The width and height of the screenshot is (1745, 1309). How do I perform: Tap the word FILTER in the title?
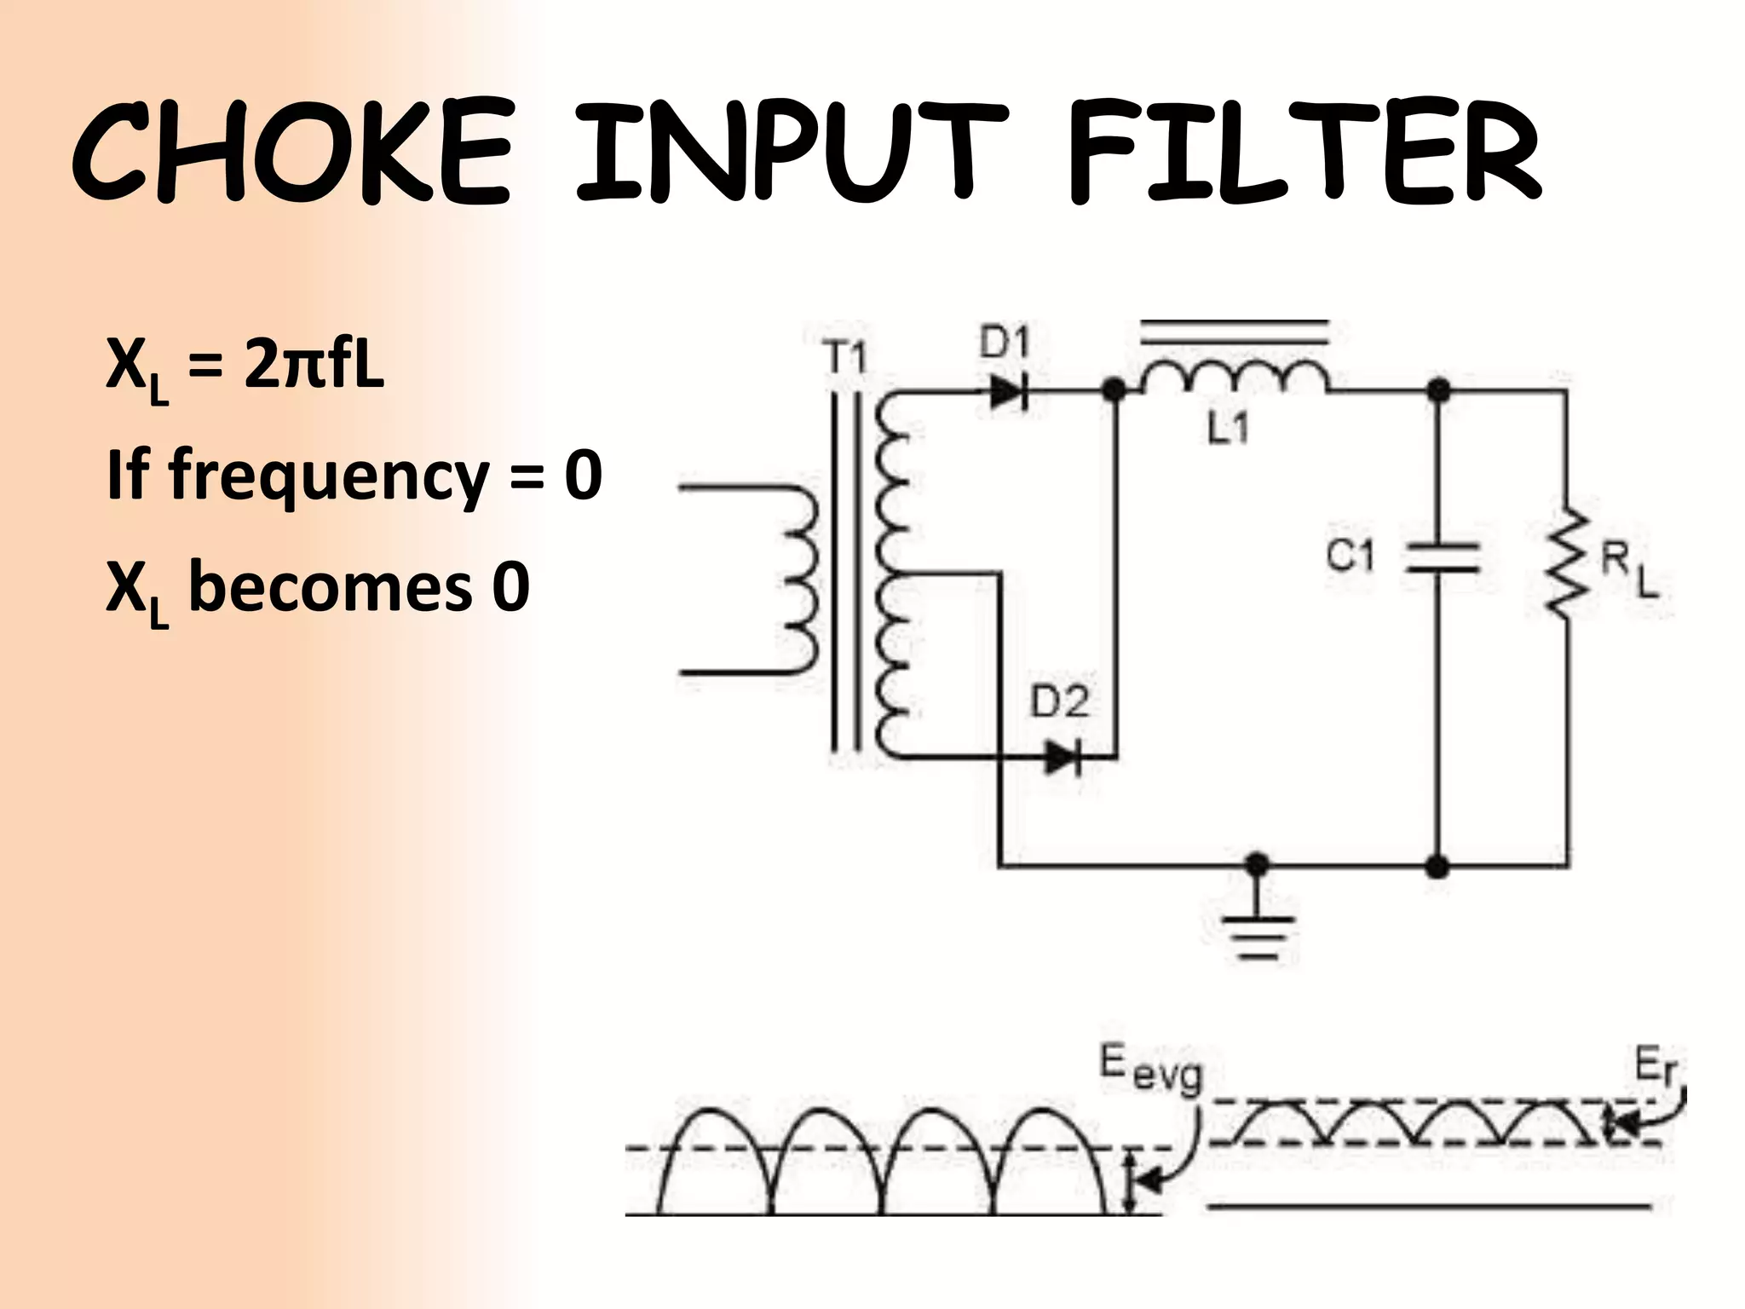(1304, 153)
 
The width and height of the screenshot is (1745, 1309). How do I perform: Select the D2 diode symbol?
(1063, 757)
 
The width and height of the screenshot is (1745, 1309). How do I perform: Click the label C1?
(1351, 556)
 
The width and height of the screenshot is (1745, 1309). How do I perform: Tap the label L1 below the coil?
(1228, 429)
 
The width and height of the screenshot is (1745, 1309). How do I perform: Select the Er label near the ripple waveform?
(1655, 1067)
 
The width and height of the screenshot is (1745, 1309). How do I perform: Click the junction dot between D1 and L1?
(1114, 391)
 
